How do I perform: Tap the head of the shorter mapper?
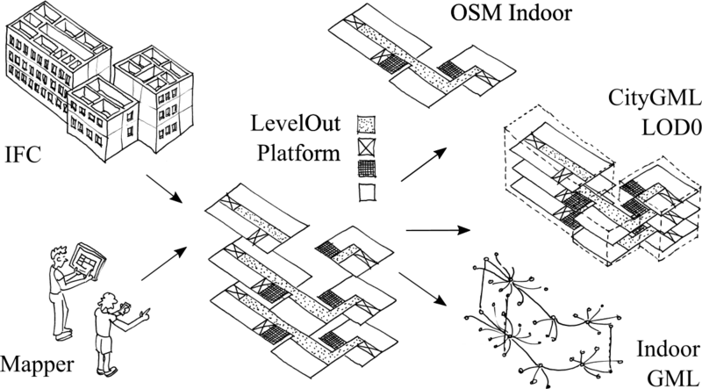(107, 303)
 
